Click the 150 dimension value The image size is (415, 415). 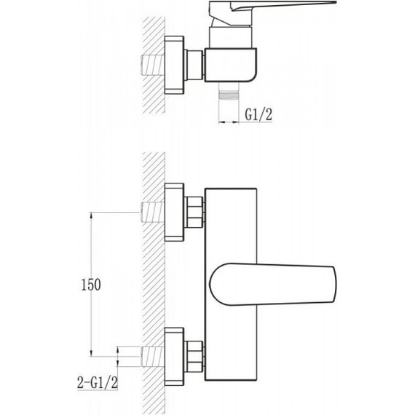tap(91, 285)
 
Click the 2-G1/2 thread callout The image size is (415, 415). tap(98, 382)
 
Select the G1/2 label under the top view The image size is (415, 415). tap(258, 114)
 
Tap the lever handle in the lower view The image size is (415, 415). tap(273, 284)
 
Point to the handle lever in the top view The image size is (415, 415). tap(272, 12)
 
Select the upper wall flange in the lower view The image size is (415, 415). tap(174, 213)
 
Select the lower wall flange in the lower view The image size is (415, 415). tap(174, 357)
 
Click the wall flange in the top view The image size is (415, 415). tap(174, 65)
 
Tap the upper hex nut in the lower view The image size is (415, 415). tap(194, 213)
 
